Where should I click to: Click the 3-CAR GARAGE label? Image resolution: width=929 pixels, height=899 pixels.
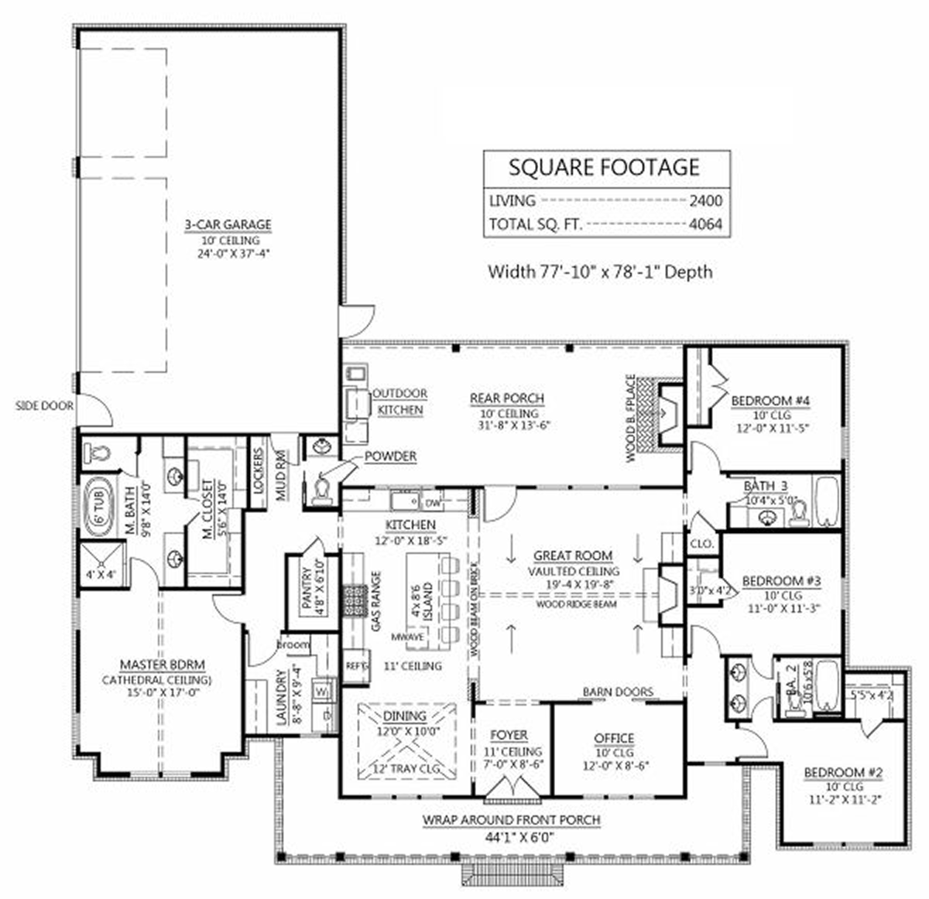click(x=228, y=225)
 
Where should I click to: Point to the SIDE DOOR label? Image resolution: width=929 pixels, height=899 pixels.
click(x=44, y=405)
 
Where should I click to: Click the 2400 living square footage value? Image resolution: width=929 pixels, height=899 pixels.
click(x=705, y=201)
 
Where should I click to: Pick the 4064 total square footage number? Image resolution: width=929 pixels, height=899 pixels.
click(x=705, y=225)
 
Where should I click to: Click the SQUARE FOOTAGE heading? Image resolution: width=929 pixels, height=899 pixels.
click(x=604, y=167)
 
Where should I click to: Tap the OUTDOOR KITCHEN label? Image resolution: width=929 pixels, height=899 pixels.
click(x=399, y=402)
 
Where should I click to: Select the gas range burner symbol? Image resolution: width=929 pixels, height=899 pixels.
click(x=355, y=598)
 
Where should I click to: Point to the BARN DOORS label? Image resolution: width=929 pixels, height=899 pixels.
click(x=617, y=692)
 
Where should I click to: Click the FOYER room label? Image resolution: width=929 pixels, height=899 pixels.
click(x=509, y=735)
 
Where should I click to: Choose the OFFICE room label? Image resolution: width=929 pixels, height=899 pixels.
click(x=614, y=739)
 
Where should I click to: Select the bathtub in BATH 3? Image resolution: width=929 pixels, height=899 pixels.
click(x=827, y=501)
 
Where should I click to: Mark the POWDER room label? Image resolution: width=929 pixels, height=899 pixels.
click(x=391, y=456)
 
